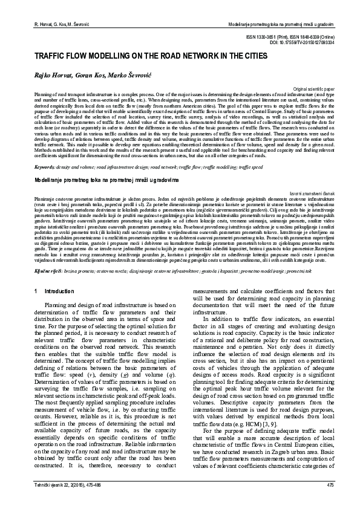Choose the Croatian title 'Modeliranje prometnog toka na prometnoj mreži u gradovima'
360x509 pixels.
pos(98,164)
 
